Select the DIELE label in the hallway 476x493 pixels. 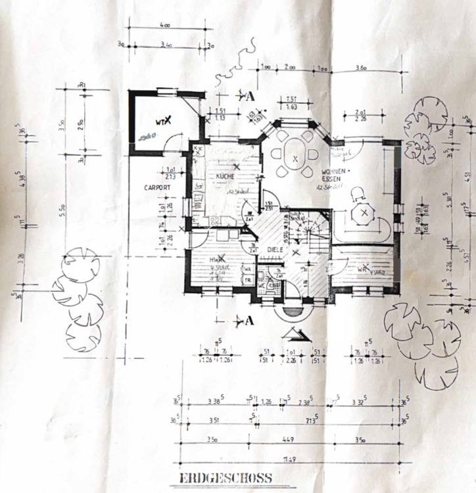coord(274,250)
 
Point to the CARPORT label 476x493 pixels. coord(157,187)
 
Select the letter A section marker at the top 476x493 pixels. coord(250,95)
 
